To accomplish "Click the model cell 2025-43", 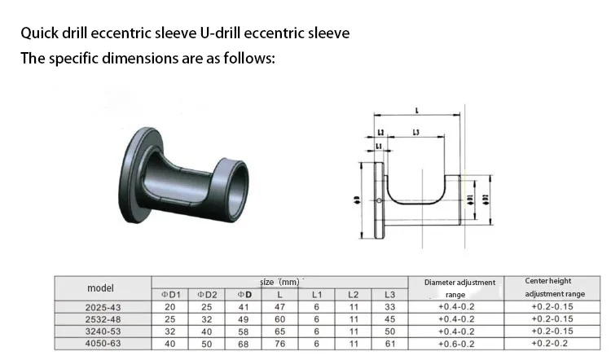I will point(101,306).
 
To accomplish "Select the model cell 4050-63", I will point(101,344).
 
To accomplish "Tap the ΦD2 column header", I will point(207,294).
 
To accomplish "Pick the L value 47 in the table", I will point(280,306).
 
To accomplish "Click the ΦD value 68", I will point(243,344).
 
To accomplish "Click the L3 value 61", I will point(389,344).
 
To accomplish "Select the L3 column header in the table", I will point(389,294).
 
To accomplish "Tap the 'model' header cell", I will point(101,288).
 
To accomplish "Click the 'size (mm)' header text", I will point(279,281).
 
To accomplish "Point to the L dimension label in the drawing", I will point(417,110).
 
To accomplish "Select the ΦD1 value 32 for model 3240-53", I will point(169,331).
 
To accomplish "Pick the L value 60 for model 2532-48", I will point(280,319).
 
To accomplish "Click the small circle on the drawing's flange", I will point(380,201).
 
